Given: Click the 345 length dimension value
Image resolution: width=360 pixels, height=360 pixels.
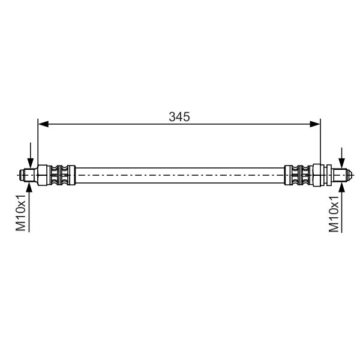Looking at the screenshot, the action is [x=179, y=117].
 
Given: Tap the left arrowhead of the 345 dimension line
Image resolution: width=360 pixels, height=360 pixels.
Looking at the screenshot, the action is [x=43, y=124].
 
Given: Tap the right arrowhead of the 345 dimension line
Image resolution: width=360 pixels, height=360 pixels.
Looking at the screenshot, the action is [x=315, y=124].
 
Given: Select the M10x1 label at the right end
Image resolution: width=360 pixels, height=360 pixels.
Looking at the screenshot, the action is [x=334, y=214].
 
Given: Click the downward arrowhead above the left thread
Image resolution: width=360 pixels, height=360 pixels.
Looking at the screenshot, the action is [x=31, y=163].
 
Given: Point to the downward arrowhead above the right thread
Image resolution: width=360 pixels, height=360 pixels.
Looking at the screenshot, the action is [x=342, y=163].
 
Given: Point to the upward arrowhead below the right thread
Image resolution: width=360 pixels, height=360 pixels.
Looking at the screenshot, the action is [x=342, y=188].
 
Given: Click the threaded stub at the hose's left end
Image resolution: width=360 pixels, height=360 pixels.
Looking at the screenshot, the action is [x=29, y=175].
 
